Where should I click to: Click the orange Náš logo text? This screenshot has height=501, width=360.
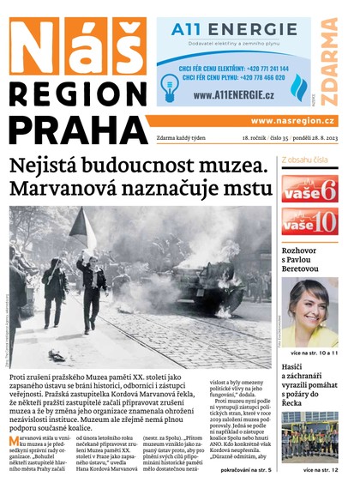(76, 46)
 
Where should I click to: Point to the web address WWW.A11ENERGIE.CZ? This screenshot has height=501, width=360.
(228, 95)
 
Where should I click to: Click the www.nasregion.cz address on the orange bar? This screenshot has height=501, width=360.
(291, 121)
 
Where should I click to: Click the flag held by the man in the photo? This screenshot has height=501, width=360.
(83, 222)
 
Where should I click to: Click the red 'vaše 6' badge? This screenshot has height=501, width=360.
(309, 188)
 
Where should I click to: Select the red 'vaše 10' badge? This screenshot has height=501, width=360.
(309, 222)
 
